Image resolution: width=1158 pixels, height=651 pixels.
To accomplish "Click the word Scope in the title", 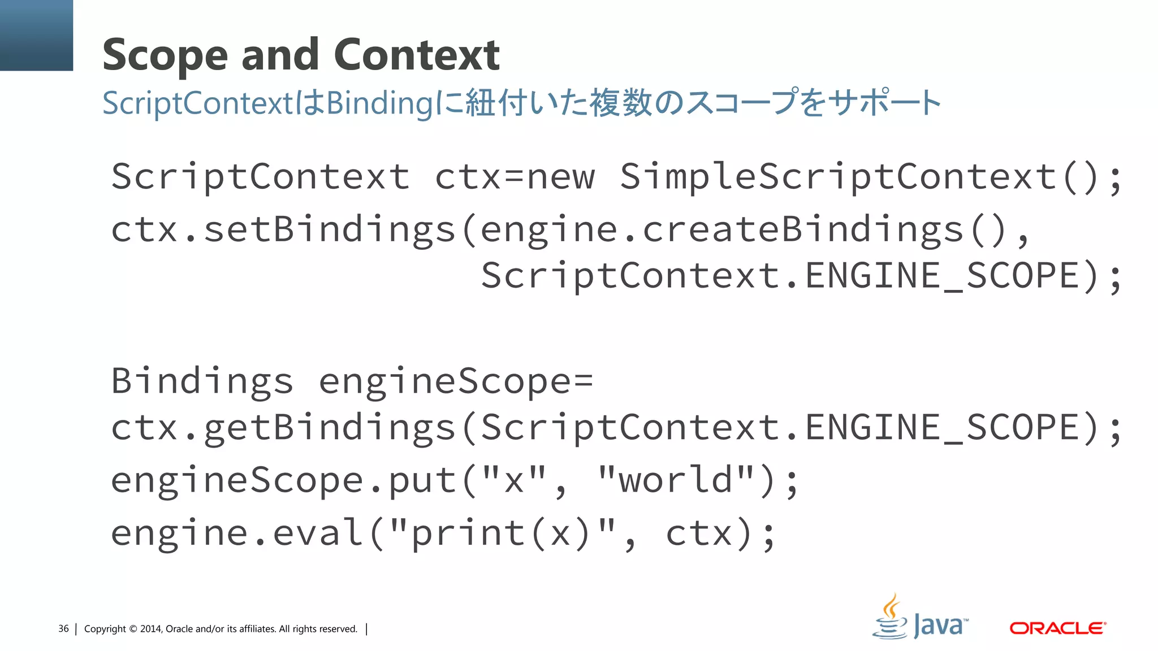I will (x=165, y=55).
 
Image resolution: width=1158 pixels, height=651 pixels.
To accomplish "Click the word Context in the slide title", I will (x=417, y=54).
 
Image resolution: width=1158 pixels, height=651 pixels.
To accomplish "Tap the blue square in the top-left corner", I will (x=36, y=35).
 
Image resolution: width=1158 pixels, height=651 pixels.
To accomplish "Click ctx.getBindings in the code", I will (x=283, y=428).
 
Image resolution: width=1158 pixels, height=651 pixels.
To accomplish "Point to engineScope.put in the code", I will (x=283, y=480).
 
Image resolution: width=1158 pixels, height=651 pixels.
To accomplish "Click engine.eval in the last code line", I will (x=236, y=532).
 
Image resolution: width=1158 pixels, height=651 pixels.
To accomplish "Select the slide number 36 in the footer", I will (x=63, y=629).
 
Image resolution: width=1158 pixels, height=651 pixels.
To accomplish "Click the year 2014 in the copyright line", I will (x=151, y=629).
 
